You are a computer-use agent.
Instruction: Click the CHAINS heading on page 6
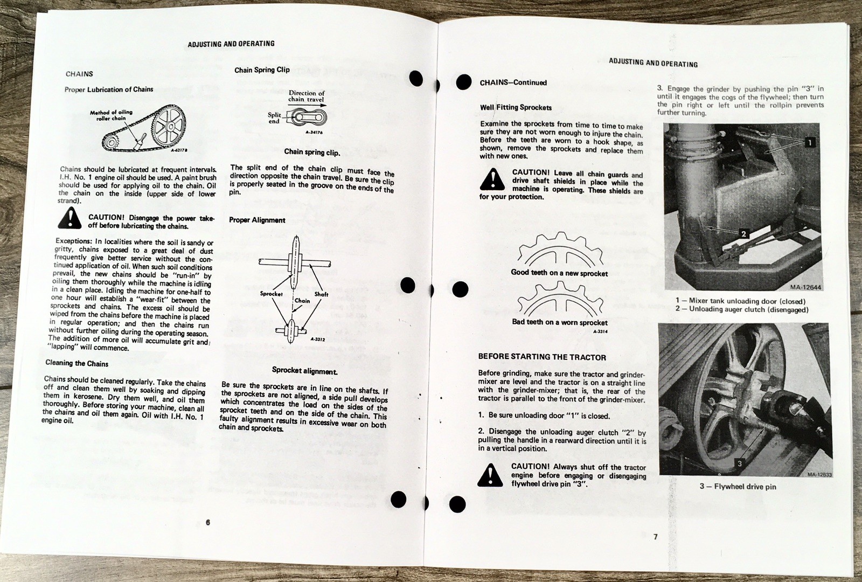[x=79, y=74]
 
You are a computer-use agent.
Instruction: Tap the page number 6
[x=207, y=522]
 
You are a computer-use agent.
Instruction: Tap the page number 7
[x=655, y=536]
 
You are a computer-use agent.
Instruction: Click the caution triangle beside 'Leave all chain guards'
[x=492, y=179]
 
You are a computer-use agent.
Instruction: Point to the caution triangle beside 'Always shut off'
[x=490, y=475]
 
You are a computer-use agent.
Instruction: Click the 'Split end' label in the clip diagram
[x=275, y=118]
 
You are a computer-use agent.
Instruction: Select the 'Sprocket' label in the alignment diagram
[x=271, y=294]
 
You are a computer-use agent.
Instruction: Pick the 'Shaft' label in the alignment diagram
[x=321, y=294]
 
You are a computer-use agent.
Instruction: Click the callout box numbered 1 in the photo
[x=809, y=142]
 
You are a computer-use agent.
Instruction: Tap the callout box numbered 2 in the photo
[x=743, y=234]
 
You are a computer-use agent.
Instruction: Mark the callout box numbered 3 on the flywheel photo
[x=739, y=463]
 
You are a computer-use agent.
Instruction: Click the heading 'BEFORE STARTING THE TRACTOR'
[x=542, y=357]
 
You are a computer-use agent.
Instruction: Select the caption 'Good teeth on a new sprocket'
[x=559, y=273]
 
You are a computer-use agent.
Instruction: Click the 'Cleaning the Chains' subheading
[x=77, y=363]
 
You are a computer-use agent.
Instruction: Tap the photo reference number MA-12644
[x=807, y=287]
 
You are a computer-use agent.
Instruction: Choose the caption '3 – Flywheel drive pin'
[x=738, y=487]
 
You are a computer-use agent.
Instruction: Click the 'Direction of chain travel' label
[x=306, y=96]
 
